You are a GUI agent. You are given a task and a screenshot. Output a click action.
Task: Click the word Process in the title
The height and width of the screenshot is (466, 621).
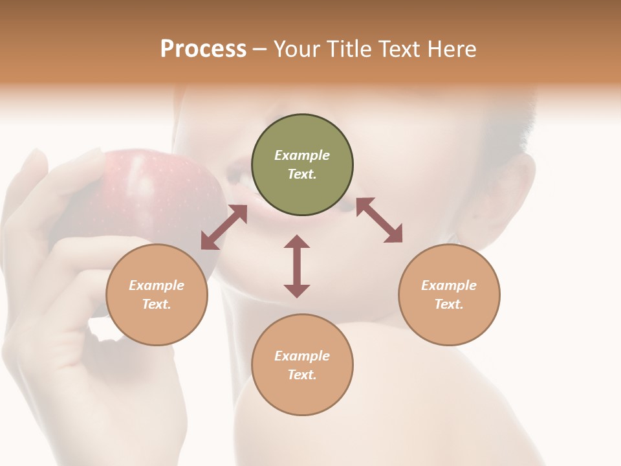coord(203,49)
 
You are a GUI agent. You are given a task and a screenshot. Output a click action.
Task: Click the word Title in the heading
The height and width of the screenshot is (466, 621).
coord(347,49)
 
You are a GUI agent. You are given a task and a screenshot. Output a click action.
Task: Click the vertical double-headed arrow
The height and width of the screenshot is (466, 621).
coord(297,266)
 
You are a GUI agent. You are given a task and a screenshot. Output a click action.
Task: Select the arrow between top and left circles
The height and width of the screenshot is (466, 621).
coord(224,227)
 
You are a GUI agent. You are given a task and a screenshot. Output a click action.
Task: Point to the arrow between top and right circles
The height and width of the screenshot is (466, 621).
coord(380,220)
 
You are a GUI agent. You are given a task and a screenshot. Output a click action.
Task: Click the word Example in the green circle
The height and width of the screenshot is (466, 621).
coord(302,155)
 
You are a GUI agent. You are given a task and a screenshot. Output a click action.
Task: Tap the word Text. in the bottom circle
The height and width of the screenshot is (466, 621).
coord(302,375)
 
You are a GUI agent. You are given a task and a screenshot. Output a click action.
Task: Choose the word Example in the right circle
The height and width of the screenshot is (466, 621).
coord(449,285)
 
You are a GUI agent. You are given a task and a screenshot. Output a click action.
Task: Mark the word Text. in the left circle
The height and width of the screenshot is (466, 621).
coord(157,304)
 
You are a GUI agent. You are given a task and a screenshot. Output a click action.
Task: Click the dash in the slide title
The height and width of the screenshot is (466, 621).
coord(260,49)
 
